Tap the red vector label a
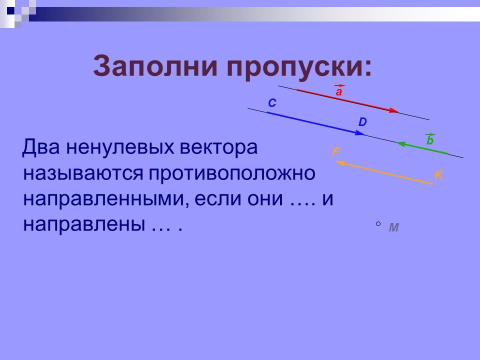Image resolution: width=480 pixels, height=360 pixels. point(339,92)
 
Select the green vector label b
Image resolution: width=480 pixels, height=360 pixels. point(429,141)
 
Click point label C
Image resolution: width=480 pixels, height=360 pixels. point(272,103)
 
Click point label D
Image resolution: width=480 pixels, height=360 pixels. point(362,122)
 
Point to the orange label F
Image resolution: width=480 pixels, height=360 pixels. point(336,152)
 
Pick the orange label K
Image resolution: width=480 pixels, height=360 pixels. point(438,175)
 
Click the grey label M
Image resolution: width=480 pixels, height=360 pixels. point(394,227)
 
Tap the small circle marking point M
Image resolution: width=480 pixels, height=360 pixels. point(378,224)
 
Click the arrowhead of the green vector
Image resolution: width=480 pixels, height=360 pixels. point(400,144)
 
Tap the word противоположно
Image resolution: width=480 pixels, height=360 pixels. point(231,173)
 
